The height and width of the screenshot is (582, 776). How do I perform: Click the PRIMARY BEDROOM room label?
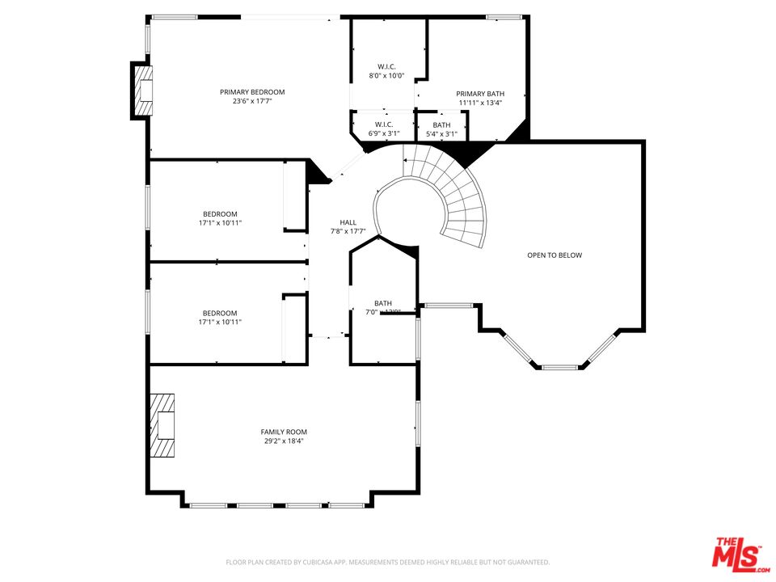252,92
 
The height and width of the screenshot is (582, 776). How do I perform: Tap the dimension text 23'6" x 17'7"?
252,102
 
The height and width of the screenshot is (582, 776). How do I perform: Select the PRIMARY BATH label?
480,94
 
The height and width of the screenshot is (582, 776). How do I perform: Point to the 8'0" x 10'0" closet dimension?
386,75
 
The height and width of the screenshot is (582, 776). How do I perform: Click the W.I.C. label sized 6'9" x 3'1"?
384,124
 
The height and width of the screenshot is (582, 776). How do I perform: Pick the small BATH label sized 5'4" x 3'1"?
441,124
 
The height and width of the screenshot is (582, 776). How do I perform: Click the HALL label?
348,222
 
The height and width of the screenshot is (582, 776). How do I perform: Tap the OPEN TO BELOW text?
555,255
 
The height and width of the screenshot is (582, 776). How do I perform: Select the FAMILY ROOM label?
284,432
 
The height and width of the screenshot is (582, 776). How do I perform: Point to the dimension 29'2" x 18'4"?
284,441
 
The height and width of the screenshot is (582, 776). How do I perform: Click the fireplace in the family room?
162,425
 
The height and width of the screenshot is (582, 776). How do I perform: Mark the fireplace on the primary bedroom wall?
142,91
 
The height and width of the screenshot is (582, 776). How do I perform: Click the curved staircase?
453,194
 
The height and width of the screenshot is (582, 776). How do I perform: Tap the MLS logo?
737,554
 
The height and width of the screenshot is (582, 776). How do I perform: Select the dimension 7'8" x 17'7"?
348,231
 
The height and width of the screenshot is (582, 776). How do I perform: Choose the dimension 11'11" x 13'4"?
480,103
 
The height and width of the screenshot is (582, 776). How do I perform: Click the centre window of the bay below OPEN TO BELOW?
560,368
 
